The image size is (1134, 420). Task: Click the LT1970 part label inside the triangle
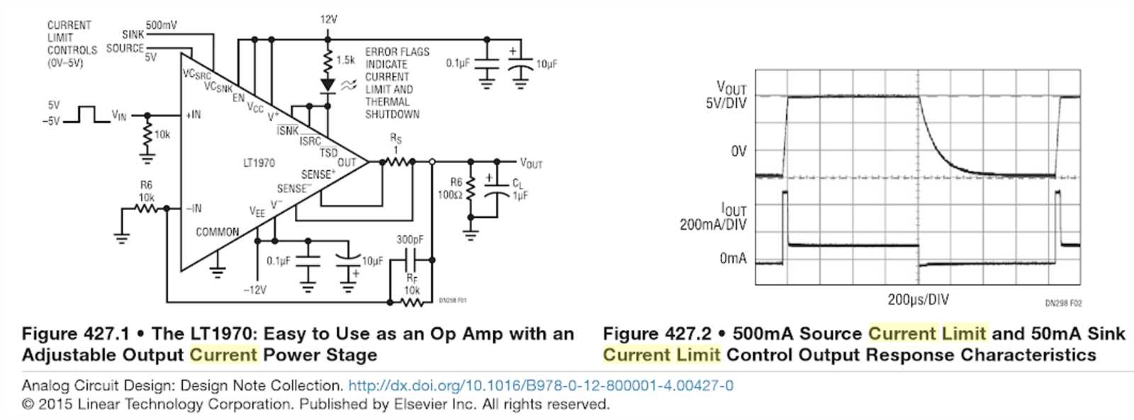coord(259,163)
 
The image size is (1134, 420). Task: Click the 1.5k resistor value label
coord(346,60)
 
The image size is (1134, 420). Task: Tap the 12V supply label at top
coord(328,19)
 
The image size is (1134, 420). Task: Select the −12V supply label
coord(254,290)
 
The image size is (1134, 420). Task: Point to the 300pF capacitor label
coord(410,240)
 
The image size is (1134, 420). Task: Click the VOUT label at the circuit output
coord(531,163)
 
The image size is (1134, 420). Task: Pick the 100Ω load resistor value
coord(450,194)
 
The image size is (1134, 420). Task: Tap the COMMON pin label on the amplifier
coord(217,232)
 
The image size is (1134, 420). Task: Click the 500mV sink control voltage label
coord(162,25)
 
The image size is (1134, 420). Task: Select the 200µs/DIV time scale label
coord(918,299)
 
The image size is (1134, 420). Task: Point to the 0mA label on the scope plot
coord(733,259)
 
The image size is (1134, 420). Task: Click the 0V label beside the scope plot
coord(739,151)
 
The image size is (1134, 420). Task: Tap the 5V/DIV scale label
coord(726,104)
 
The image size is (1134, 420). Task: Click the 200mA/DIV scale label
coord(713,225)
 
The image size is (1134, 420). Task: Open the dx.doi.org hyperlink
coord(541,386)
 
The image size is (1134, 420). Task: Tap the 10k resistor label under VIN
coord(162,135)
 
